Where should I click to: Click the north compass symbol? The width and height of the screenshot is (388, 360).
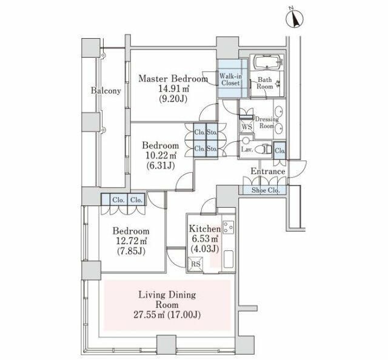[295, 19]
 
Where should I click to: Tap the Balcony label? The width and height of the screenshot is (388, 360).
[105, 91]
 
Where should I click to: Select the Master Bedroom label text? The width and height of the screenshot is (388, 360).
[173, 79]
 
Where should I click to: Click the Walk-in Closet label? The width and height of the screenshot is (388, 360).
[230, 79]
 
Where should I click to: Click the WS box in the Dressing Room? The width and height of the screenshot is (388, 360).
[247, 127]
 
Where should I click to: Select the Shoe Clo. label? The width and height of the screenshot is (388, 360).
[266, 190]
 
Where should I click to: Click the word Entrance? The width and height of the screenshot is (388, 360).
[268, 172]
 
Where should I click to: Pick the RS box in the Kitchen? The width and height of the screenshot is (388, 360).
[196, 264]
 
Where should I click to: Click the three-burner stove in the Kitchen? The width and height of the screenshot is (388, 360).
[228, 227]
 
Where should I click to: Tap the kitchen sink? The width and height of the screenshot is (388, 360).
[228, 259]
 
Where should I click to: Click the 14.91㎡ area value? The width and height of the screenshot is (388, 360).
[173, 88]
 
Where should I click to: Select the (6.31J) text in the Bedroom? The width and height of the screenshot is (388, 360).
[160, 165]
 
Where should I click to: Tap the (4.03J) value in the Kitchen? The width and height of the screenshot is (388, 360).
[205, 249]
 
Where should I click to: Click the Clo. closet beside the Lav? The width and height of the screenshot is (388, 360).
[280, 150]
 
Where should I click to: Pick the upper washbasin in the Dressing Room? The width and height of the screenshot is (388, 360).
[279, 112]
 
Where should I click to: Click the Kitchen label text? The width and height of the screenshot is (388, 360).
[205, 229]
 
